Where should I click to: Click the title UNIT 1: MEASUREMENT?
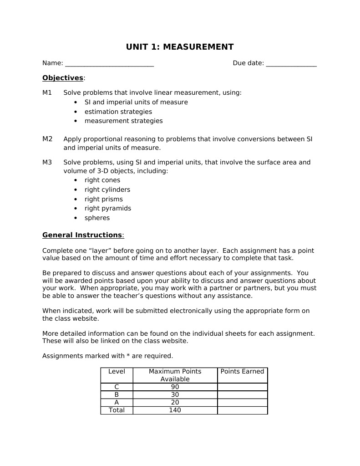[x=180, y=47]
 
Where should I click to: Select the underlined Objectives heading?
[x=63, y=78]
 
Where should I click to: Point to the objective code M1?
[x=47, y=92]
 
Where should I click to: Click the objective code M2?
[x=47, y=139]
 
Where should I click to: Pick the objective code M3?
[x=47, y=162]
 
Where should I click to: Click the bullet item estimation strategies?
[x=118, y=112]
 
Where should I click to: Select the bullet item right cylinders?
[x=107, y=189]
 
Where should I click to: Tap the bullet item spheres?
[x=97, y=218]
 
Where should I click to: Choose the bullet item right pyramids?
[x=108, y=208]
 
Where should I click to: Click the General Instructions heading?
[x=82, y=235]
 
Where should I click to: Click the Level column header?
[x=117, y=372]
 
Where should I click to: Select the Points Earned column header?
[x=242, y=372]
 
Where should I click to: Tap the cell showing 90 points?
[x=175, y=387]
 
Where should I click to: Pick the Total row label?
[x=117, y=410]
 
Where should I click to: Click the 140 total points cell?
[x=175, y=410]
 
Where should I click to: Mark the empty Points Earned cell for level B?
[x=242, y=394]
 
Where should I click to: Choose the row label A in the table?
[x=117, y=402]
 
